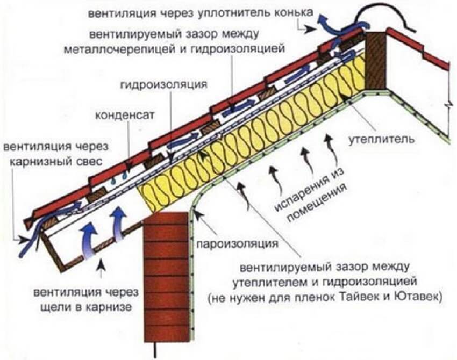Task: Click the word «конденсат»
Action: click(x=124, y=116)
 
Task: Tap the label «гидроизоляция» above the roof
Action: click(x=164, y=84)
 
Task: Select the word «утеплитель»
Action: click(x=382, y=140)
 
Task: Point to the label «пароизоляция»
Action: click(x=237, y=243)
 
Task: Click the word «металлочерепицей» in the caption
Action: click(x=119, y=49)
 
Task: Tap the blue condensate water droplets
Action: click(x=119, y=178)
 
